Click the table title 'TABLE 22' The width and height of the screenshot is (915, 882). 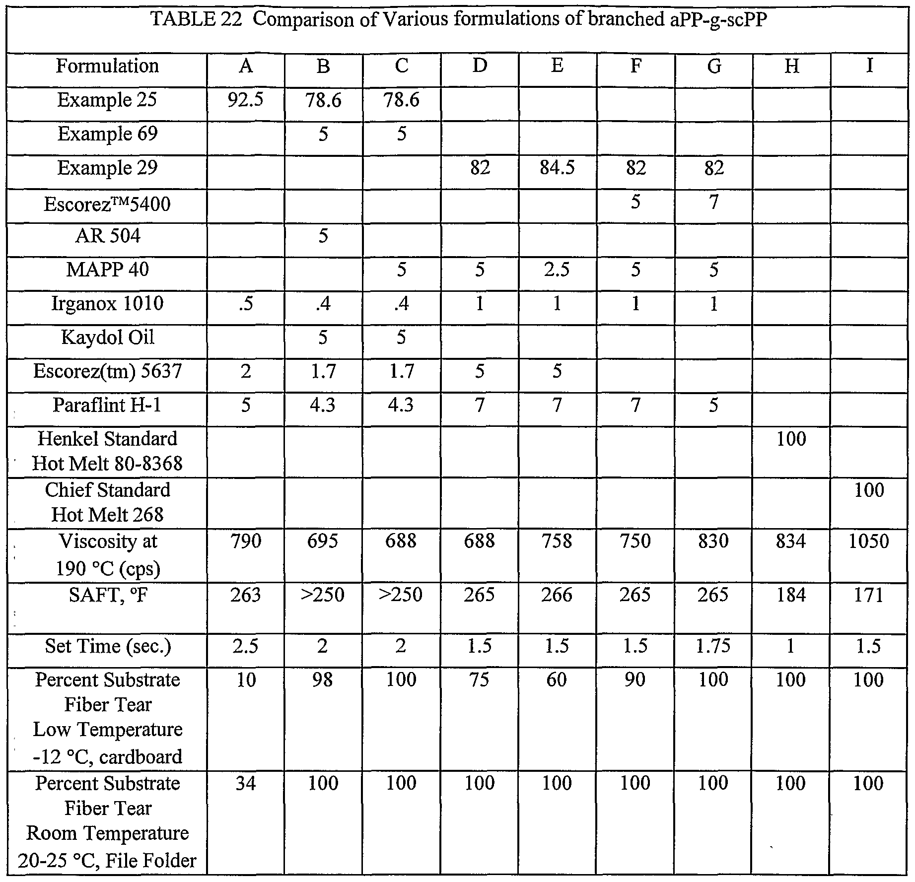pyautogui.click(x=196, y=20)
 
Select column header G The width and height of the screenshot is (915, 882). pyautogui.click(x=713, y=66)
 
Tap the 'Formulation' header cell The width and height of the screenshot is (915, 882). pyautogui.click(x=107, y=66)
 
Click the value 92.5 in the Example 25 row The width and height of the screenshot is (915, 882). pyautogui.click(x=246, y=100)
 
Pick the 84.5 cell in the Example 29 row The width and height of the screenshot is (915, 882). pyautogui.click(x=557, y=168)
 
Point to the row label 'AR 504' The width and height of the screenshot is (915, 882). pyautogui.click(x=107, y=236)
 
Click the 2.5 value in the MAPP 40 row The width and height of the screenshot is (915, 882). pyautogui.click(x=557, y=270)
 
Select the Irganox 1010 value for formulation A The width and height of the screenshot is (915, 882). pyautogui.click(x=246, y=304)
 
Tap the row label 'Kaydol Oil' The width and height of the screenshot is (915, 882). pyautogui.click(x=107, y=338)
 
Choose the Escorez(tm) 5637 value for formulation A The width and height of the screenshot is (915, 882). pyautogui.click(x=246, y=371)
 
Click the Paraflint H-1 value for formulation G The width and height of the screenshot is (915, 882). pyautogui.click(x=713, y=406)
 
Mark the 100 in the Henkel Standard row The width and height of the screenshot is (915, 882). pyautogui.click(x=791, y=439)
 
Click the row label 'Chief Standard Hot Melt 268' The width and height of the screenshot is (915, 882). pyautogui.click(x=107, y=502)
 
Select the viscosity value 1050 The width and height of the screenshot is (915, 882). pyautogui.click(x=869, y=541)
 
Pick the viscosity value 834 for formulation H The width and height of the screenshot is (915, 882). pyautogui.click(x=791, y=541)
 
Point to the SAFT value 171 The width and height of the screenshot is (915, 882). pyautogui.click(x=869, y=595)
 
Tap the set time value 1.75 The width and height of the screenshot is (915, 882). pyautogui.click(x=713, y=646)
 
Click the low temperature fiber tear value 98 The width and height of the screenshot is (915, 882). pyautogui.click(x=323, y=679)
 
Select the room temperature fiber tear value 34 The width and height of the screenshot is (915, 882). pyautogui.click(x=246, y=783)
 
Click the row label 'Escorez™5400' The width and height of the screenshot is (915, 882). pyautogui.click(x=107, y=204)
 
